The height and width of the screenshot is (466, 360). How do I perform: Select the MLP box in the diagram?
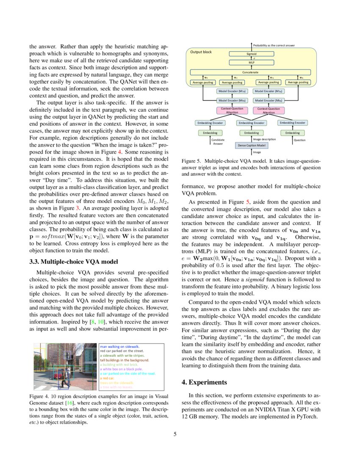coord(252,62)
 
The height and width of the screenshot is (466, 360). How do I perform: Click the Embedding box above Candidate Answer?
coord(210,133)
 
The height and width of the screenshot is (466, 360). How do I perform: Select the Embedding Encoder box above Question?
coord(292,123)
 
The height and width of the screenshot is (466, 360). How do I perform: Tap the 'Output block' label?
coord(201,52)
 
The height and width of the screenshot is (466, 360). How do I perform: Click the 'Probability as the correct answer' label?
coord(274,45)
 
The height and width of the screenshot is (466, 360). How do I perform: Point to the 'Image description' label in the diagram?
coord(264,139)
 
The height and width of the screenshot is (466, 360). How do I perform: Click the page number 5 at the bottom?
coord(174,434)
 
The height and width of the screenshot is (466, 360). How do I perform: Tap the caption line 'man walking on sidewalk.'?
coord(120,346)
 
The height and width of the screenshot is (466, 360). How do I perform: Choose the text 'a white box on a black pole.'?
coord(122,369)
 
